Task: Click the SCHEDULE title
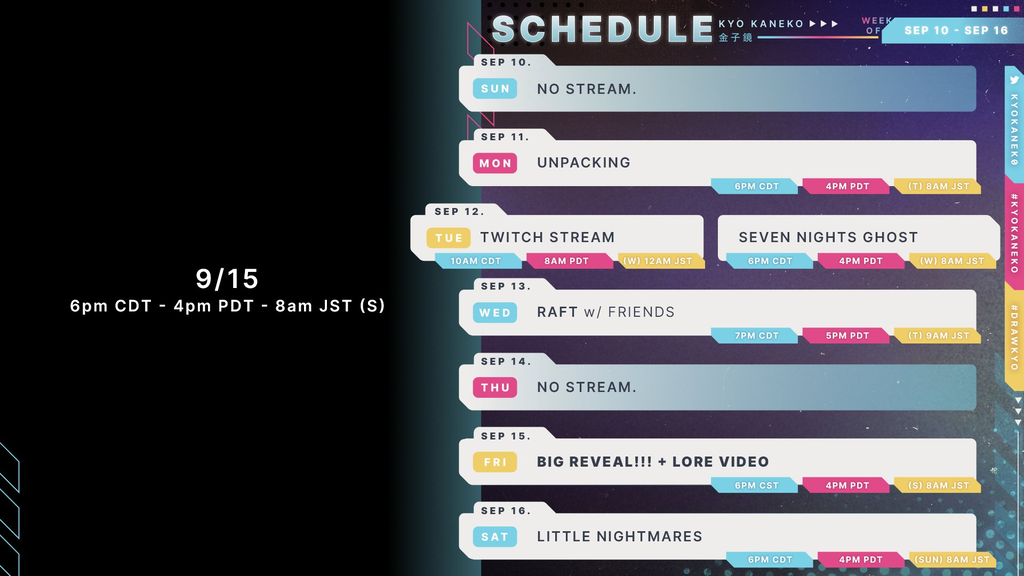602,30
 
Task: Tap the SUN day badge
495,89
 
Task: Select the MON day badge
495,163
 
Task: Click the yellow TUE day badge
449,238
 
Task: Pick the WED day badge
495,313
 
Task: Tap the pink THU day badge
495,388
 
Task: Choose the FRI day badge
495,462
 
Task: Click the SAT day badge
495,537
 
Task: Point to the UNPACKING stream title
584,163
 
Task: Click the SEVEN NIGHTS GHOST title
828,237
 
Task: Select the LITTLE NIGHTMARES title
620,536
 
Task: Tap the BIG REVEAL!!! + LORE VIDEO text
653,462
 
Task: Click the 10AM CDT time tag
477,261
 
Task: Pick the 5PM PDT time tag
846,336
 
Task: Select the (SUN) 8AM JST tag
952,560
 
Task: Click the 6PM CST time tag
755,485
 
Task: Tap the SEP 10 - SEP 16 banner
956,31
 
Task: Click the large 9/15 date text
227,279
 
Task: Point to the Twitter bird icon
1014,80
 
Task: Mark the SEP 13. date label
506,286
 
